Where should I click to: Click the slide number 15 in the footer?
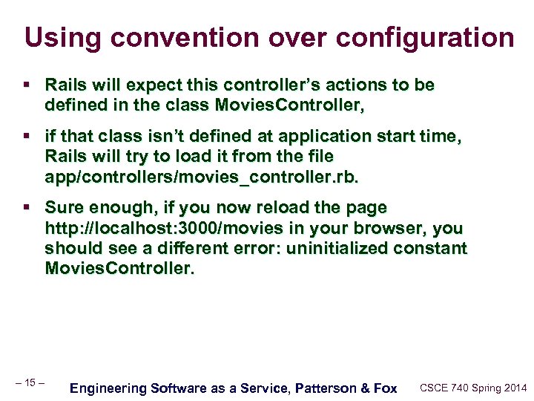tap(30, 382)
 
